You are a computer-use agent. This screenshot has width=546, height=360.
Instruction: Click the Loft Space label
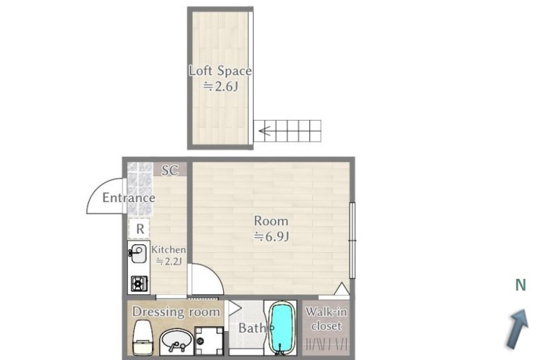(220, 71)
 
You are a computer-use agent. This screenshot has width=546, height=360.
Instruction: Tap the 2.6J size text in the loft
(221, 86)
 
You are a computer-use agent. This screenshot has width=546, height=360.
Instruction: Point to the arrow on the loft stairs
(266, 131)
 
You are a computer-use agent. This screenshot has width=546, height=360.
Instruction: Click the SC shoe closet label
(170, 170)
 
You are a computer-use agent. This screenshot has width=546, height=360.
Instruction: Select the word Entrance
(129, 198)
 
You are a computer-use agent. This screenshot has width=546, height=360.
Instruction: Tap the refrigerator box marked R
(140, 229)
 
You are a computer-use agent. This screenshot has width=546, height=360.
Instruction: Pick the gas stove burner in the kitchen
(139, 284)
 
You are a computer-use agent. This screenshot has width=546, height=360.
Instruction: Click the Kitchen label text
(169, 250)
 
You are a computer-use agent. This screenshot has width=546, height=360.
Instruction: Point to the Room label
(271, 221)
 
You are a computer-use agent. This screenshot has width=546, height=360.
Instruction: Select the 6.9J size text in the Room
(272, 236)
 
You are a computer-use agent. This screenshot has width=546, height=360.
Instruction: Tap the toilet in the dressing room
(143, 337)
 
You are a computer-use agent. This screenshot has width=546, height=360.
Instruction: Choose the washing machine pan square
(208, 342)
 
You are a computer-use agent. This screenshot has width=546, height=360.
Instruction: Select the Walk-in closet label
(326, 319)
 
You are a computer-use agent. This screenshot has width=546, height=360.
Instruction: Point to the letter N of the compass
(521, 285)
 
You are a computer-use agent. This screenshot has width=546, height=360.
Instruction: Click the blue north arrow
(518, 328)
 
